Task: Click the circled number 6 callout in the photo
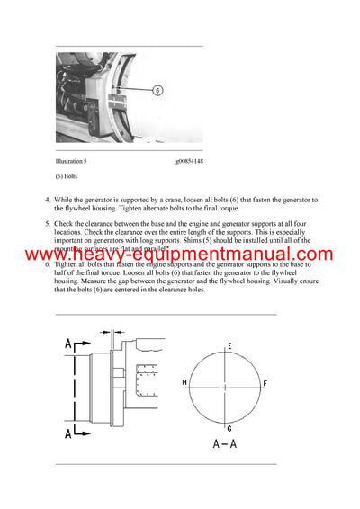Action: click(x=157, y=91)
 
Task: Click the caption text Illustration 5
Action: click(x=76, y=161)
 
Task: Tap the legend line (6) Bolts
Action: click(x=69, y=176)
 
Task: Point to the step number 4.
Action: click(x=48, y=200)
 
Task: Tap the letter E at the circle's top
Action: click(x=229, y=345)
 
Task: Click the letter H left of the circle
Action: click(x=184, y=383)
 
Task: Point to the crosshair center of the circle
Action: click(x=224, y=388)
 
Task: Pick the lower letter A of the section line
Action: click(x=68, y=433)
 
